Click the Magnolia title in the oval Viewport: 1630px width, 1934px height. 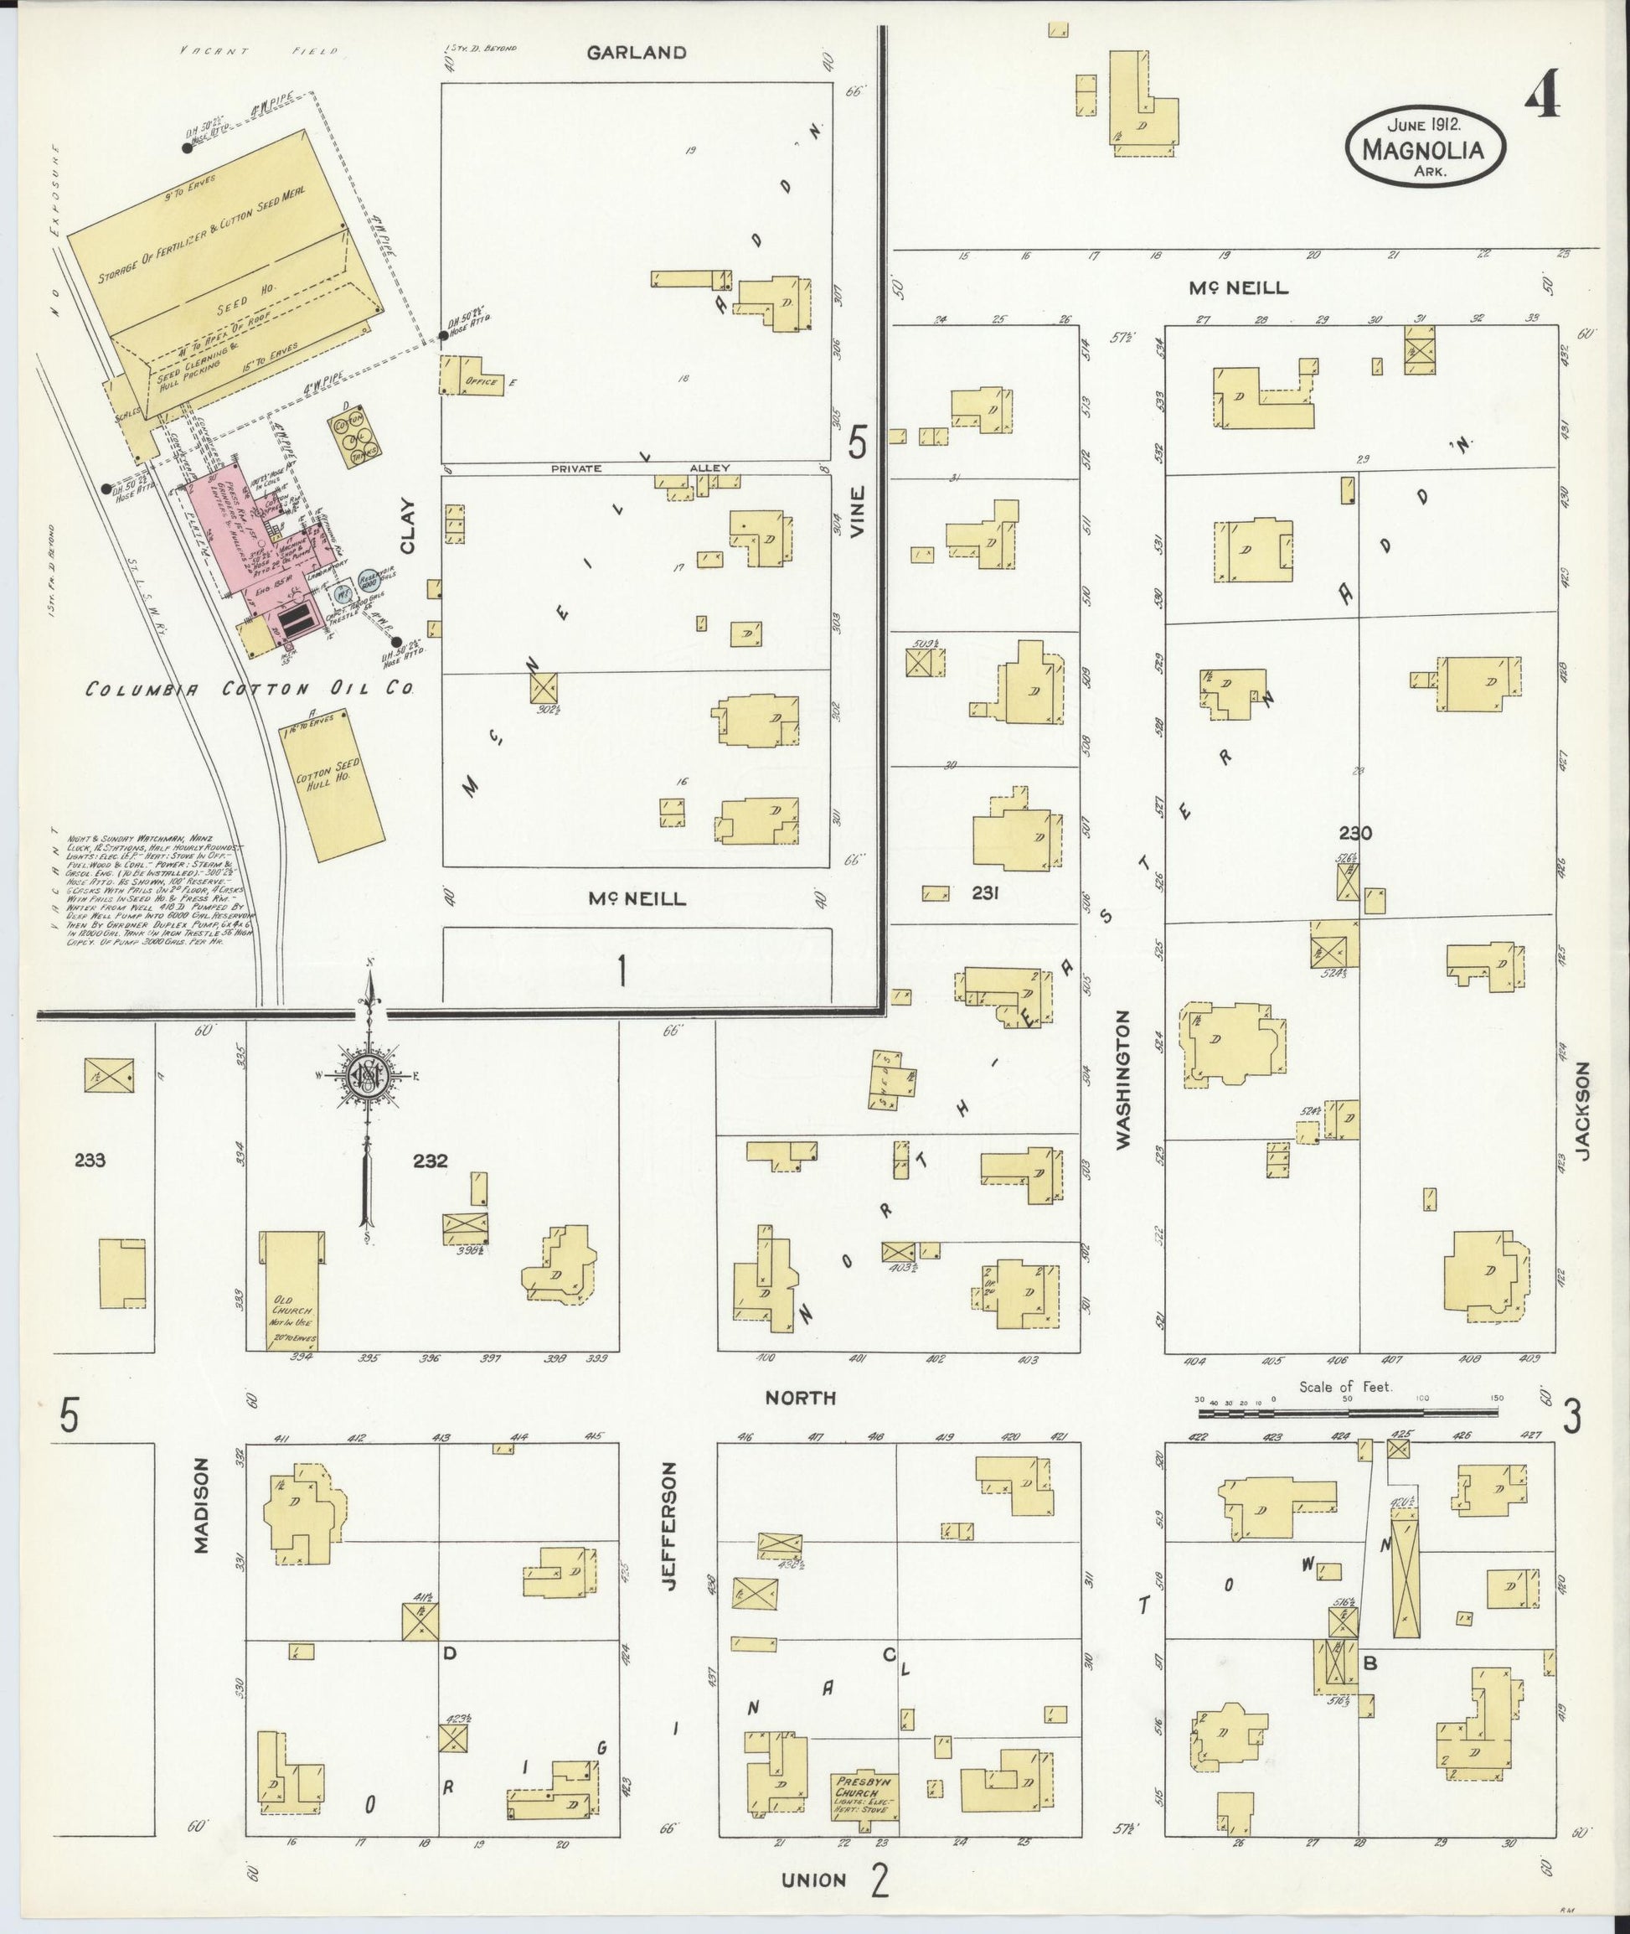click(x=1424, y=149)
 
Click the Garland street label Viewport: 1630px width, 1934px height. click(x=637, y=53)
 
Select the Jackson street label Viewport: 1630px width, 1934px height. click(x=1583, y=1110)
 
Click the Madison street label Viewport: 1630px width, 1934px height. click(x=204, y=1506)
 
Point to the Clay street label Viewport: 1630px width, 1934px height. click(x=407, y=526)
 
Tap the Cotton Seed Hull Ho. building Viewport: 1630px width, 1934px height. click(x=331, y=786)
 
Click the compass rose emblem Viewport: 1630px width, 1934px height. click(x=368, y=1075)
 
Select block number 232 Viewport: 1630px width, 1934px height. click(x=431, y=1161)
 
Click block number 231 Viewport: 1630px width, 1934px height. click(x=987, y=893)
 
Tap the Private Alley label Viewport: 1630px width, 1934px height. click(x=639, y=468)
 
